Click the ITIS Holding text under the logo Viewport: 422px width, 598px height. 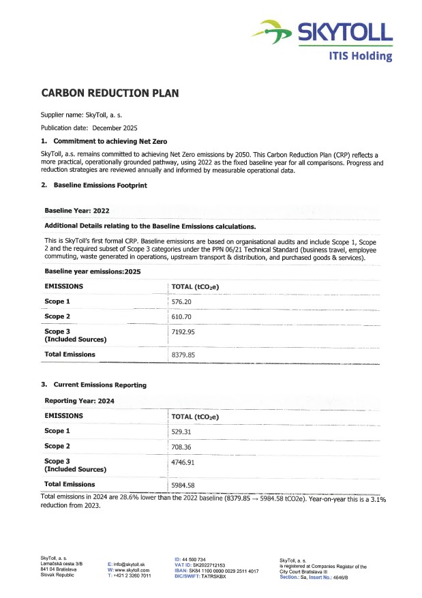point(361,55)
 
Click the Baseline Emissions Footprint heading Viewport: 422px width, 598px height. point(100,185)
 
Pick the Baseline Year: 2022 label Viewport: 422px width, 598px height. point(77,211)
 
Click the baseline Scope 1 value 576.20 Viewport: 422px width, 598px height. point(182,301)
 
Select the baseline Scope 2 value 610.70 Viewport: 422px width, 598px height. point(182,317)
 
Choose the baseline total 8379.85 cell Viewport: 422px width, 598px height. point(184,355)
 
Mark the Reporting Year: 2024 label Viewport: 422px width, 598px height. point(79,401)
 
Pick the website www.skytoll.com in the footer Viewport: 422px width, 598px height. point(131,570)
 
